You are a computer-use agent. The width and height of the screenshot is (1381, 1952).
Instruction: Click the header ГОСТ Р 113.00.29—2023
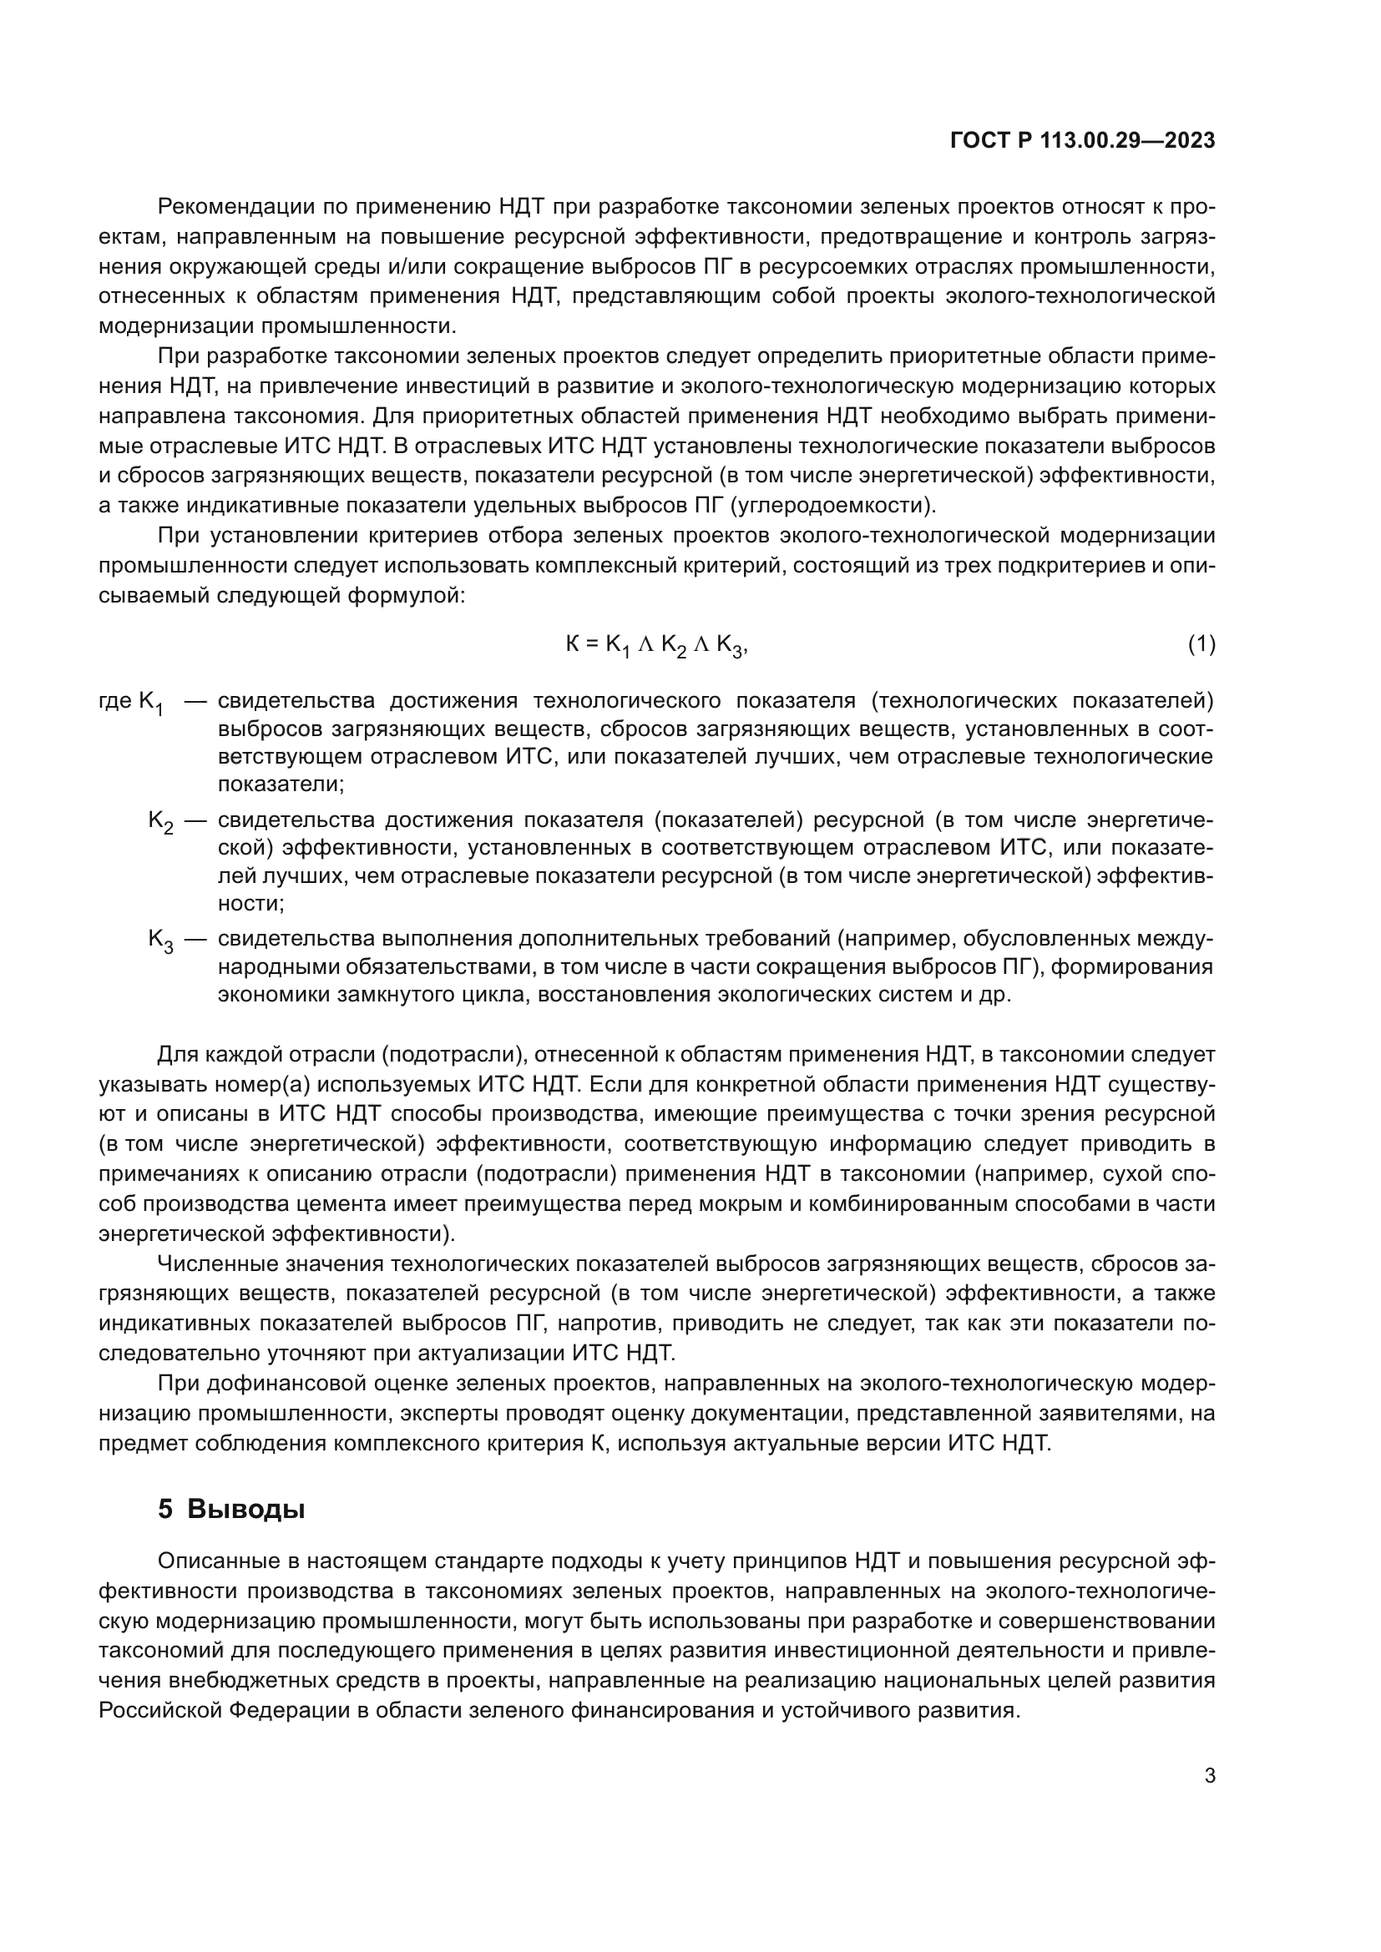click(1081, 141)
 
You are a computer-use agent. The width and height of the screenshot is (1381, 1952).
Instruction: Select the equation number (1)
click(1201, 644)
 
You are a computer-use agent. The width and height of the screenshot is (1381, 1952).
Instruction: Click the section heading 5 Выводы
click(231, 1508)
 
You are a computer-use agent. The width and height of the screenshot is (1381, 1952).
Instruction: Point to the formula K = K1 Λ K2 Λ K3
click(655, 645)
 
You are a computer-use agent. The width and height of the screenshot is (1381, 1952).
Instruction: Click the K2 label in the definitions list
click(160, 820)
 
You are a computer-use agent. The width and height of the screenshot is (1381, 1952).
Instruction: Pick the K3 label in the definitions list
click(160, 940)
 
